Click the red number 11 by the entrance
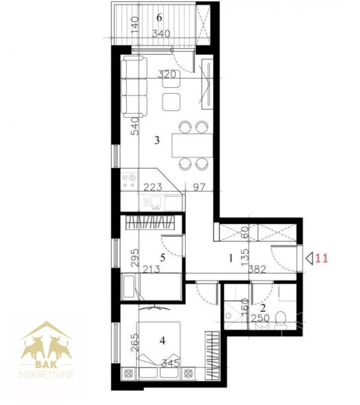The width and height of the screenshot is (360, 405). (322, 258)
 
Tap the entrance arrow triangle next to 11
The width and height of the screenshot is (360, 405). (310, 258)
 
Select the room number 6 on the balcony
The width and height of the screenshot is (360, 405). (159, 18)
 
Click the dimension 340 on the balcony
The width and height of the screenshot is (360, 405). (161, 34)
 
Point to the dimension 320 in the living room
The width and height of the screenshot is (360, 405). (167, 74)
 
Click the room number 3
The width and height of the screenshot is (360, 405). (157, 140)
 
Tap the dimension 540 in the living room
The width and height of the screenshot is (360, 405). (135, 126)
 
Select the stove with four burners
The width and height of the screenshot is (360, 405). (130, 181)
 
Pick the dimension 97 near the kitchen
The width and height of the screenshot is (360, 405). (199, 187)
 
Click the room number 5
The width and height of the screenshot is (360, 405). (162, 257)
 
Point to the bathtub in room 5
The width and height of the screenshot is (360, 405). (151, 287)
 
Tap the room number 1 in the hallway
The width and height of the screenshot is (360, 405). (231, 258)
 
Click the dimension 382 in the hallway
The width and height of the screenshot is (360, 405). (257, 270)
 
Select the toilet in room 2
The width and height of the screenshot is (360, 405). (280, 320)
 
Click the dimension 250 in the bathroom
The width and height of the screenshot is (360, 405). (260, 318)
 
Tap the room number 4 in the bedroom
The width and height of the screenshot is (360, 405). (162, 341)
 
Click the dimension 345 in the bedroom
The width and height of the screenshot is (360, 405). (170, 364)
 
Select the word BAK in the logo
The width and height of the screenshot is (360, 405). (46, 364)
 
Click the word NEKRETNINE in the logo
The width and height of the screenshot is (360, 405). (47, 374)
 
